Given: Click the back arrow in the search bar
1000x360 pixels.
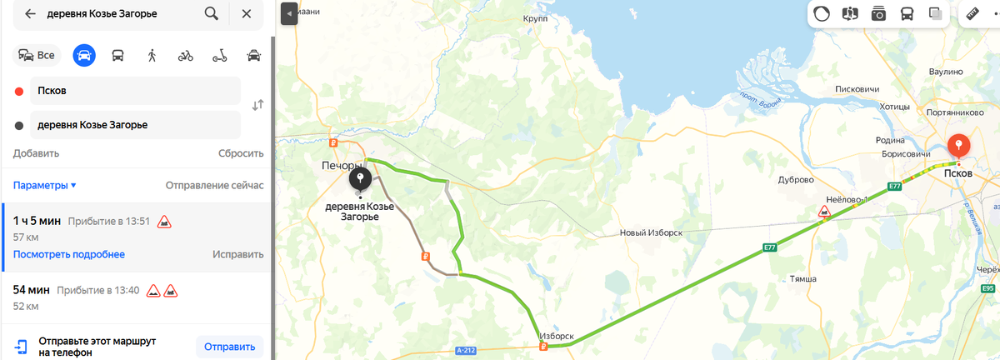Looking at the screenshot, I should [x=30, y=14].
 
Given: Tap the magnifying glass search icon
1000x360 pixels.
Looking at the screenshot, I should [x=212, y=14].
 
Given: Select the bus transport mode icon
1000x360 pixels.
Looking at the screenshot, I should [x=117, y=56].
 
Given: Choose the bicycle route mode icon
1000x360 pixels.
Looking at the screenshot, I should [x=185, y=56].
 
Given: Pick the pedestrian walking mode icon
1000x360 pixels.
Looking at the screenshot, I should [x=152, y=56].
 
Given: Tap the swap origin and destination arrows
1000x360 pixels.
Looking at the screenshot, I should [x=257, y=105].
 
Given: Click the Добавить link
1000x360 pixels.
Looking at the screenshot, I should [x=36, y=153].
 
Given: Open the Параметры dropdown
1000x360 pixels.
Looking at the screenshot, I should [x=45, y=185].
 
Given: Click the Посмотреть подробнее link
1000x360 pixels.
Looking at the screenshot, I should [x=69, y=254].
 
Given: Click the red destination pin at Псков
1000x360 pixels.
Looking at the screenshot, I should [x=959, y=147].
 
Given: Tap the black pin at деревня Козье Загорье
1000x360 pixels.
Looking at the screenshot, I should [x=360, y=179].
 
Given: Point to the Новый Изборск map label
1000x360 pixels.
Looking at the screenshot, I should [x=651, y=233].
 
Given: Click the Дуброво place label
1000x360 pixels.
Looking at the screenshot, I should [x=795, y=180].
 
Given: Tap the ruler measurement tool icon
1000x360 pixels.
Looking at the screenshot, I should [x=972, y=14].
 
